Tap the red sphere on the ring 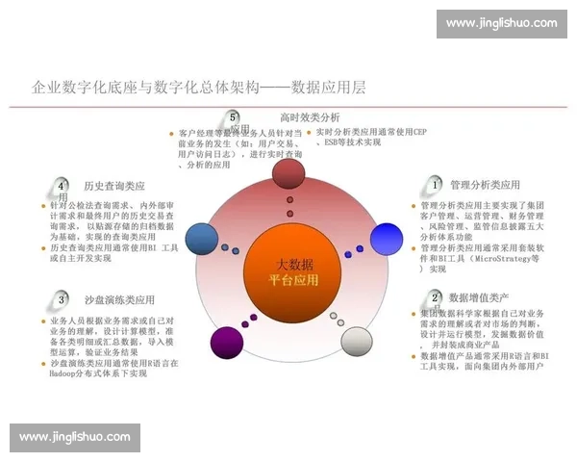coord(288,174)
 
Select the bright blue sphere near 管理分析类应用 coord(386,238)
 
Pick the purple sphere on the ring coord(227,343)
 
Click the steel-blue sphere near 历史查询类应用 coord(201,238)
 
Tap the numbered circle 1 coord(436,184)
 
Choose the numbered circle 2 coord(436,298)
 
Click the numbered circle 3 coord(62,298)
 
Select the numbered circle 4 coord(62,185)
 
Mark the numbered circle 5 coord(234,117)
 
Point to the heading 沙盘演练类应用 coord(119,298)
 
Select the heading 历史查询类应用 coord(114,185)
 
